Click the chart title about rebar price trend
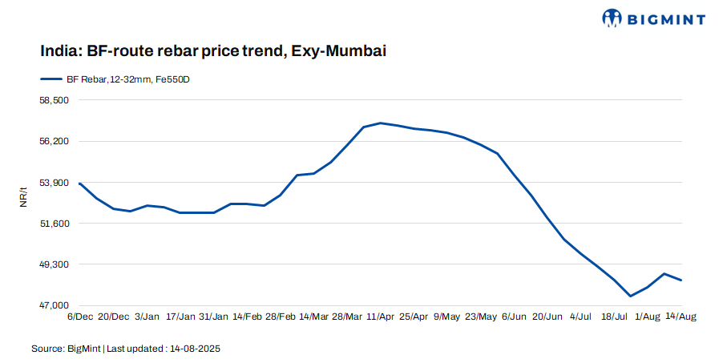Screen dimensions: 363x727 (213, 51)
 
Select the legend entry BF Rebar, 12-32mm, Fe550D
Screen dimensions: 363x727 (121, 80)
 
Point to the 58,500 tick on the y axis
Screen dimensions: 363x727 (55, 101)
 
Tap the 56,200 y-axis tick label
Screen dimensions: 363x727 (55, 142)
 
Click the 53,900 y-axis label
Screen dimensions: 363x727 (55, 183)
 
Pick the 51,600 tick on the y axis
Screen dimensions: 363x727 (55, 224)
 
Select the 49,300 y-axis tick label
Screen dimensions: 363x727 (55, 264)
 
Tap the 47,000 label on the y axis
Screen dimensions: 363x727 (55, 305)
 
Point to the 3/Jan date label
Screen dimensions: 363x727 (147, 317)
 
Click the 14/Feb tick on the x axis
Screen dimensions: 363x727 (247, 317)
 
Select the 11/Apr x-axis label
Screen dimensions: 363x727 (382, 317)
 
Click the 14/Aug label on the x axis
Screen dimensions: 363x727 (681, 317)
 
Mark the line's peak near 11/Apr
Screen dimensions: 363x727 (381, 123)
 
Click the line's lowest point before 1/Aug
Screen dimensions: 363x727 (631, 296)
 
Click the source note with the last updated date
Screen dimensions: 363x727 (126, 349)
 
